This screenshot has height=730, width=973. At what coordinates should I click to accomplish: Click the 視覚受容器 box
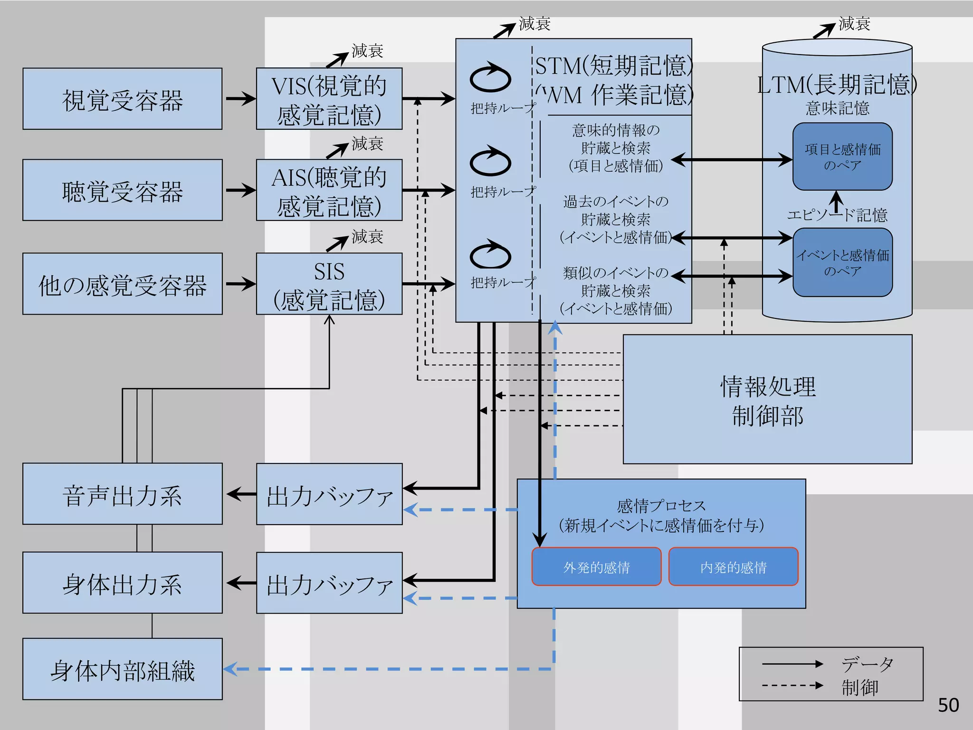click(x=122, y=99)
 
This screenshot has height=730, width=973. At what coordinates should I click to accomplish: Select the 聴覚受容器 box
click(x=122, y=190)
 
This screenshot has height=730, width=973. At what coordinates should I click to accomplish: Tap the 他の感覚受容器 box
click(x=122, y=284)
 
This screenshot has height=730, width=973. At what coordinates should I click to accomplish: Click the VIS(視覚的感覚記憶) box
click(x=329, y=99)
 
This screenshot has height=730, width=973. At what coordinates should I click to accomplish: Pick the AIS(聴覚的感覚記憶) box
click(x=329, y=190)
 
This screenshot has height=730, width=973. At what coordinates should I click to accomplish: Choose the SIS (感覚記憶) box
click(x=329, y=284)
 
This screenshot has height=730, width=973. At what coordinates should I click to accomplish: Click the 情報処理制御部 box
click(x=767, y=399)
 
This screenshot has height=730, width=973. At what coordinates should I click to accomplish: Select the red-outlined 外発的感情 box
click(x=596, y=567)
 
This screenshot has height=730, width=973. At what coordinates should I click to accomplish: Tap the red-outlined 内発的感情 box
click(x=733, y=567)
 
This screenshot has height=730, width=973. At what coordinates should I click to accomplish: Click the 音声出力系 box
click(x=122, y=494)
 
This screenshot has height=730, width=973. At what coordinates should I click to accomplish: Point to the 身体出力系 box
click(x=122, y=583)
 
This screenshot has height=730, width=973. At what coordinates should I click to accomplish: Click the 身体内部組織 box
click(x=122, y=669)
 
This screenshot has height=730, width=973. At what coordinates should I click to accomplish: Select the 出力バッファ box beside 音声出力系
click(x=329, y=494)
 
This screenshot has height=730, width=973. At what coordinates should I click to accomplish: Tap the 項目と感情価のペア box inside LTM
click(x=842, y=157)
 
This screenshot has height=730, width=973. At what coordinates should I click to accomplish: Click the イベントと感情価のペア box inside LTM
click(x=842, y=262)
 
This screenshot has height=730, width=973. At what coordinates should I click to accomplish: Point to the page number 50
click(x=948, y=705)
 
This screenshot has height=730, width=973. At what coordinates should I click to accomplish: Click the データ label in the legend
click(x=867, y=664)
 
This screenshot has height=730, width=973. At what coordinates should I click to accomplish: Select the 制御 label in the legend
click(x=859, y=687)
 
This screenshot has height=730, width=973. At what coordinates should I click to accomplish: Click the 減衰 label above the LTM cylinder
click(x=854, y=23)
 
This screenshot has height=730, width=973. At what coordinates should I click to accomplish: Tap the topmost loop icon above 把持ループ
click(x=490, y=78)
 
